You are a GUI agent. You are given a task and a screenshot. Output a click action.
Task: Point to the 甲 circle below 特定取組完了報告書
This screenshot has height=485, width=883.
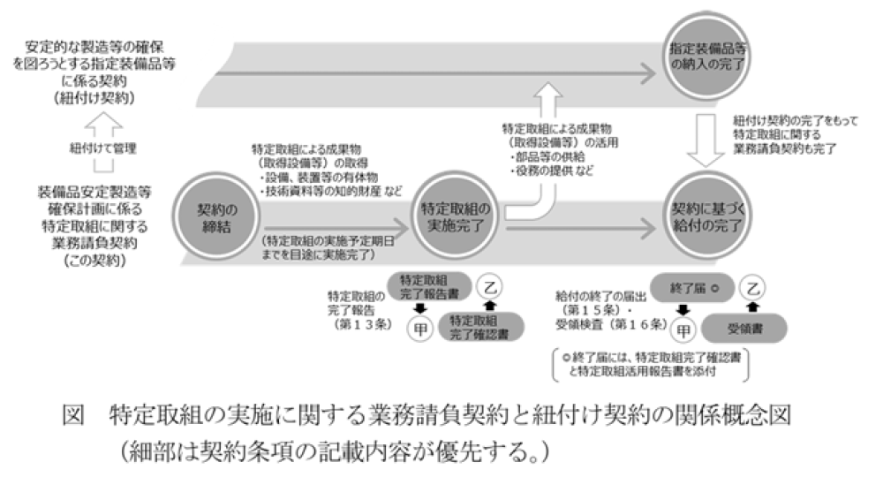click(421, 330)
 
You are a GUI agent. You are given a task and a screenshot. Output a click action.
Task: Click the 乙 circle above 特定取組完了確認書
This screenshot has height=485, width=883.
click(492, 288)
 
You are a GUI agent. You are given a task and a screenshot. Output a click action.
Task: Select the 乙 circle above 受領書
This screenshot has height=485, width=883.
click(751, 288)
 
